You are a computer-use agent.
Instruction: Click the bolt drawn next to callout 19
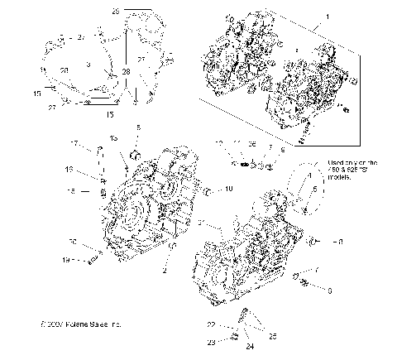[91, 260]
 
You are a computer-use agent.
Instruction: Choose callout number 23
[234, 341]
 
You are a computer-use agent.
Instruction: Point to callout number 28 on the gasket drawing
[126, 73]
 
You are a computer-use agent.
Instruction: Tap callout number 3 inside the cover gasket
[88, 64]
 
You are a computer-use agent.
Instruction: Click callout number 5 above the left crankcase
[138, 127]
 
